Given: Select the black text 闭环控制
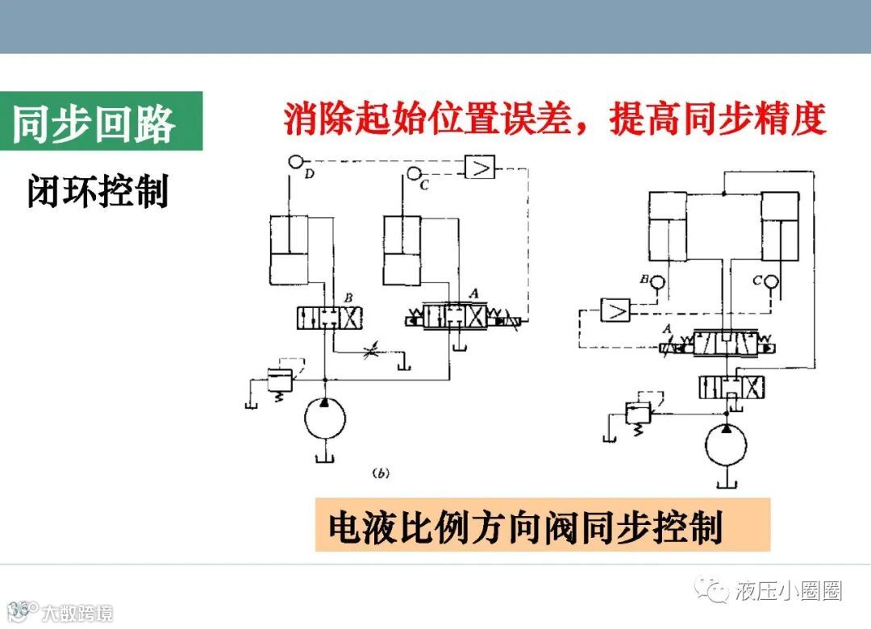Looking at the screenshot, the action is pyautogui.click(x=98, y=193).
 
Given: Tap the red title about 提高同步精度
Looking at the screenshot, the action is pyautogui.click(x=556, y=119).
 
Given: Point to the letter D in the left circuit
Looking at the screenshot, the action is pyautogui.click(x=310, y=174).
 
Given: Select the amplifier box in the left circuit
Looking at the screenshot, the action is pyautogui.click(x=480, y=167).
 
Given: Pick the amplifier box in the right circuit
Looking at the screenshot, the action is pyautogui.click(x=617, y=310).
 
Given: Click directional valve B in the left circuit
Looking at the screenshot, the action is pyautogui.click(x=327, y=317).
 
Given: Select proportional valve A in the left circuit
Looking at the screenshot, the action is pyautogui.click(x=463, y=317).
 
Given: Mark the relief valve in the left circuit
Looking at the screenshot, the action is pyautogui.click(x=278, y=378).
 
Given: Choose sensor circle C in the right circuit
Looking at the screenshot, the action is pyautogui.click(x=771, y=282).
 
